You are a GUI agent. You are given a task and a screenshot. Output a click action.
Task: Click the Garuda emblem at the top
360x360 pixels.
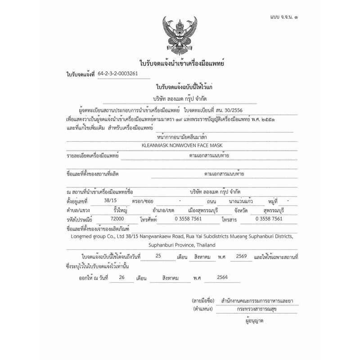(180, 34)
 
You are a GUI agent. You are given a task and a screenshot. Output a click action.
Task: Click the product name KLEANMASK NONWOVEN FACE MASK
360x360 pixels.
(182, 145)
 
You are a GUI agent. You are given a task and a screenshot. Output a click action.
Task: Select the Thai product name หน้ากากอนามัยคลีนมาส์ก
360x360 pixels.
(182, 136)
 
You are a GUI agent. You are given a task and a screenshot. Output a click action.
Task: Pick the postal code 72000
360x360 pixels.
(111, 219)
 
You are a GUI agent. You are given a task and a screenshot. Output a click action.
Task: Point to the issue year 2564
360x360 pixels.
(222, 278)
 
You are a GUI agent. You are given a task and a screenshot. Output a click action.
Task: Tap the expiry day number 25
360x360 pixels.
(157, 256)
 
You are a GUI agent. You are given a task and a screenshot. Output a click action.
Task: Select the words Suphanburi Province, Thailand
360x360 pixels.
(182, 245)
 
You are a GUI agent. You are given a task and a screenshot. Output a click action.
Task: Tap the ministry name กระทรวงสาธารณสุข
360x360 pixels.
(257, 309)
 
